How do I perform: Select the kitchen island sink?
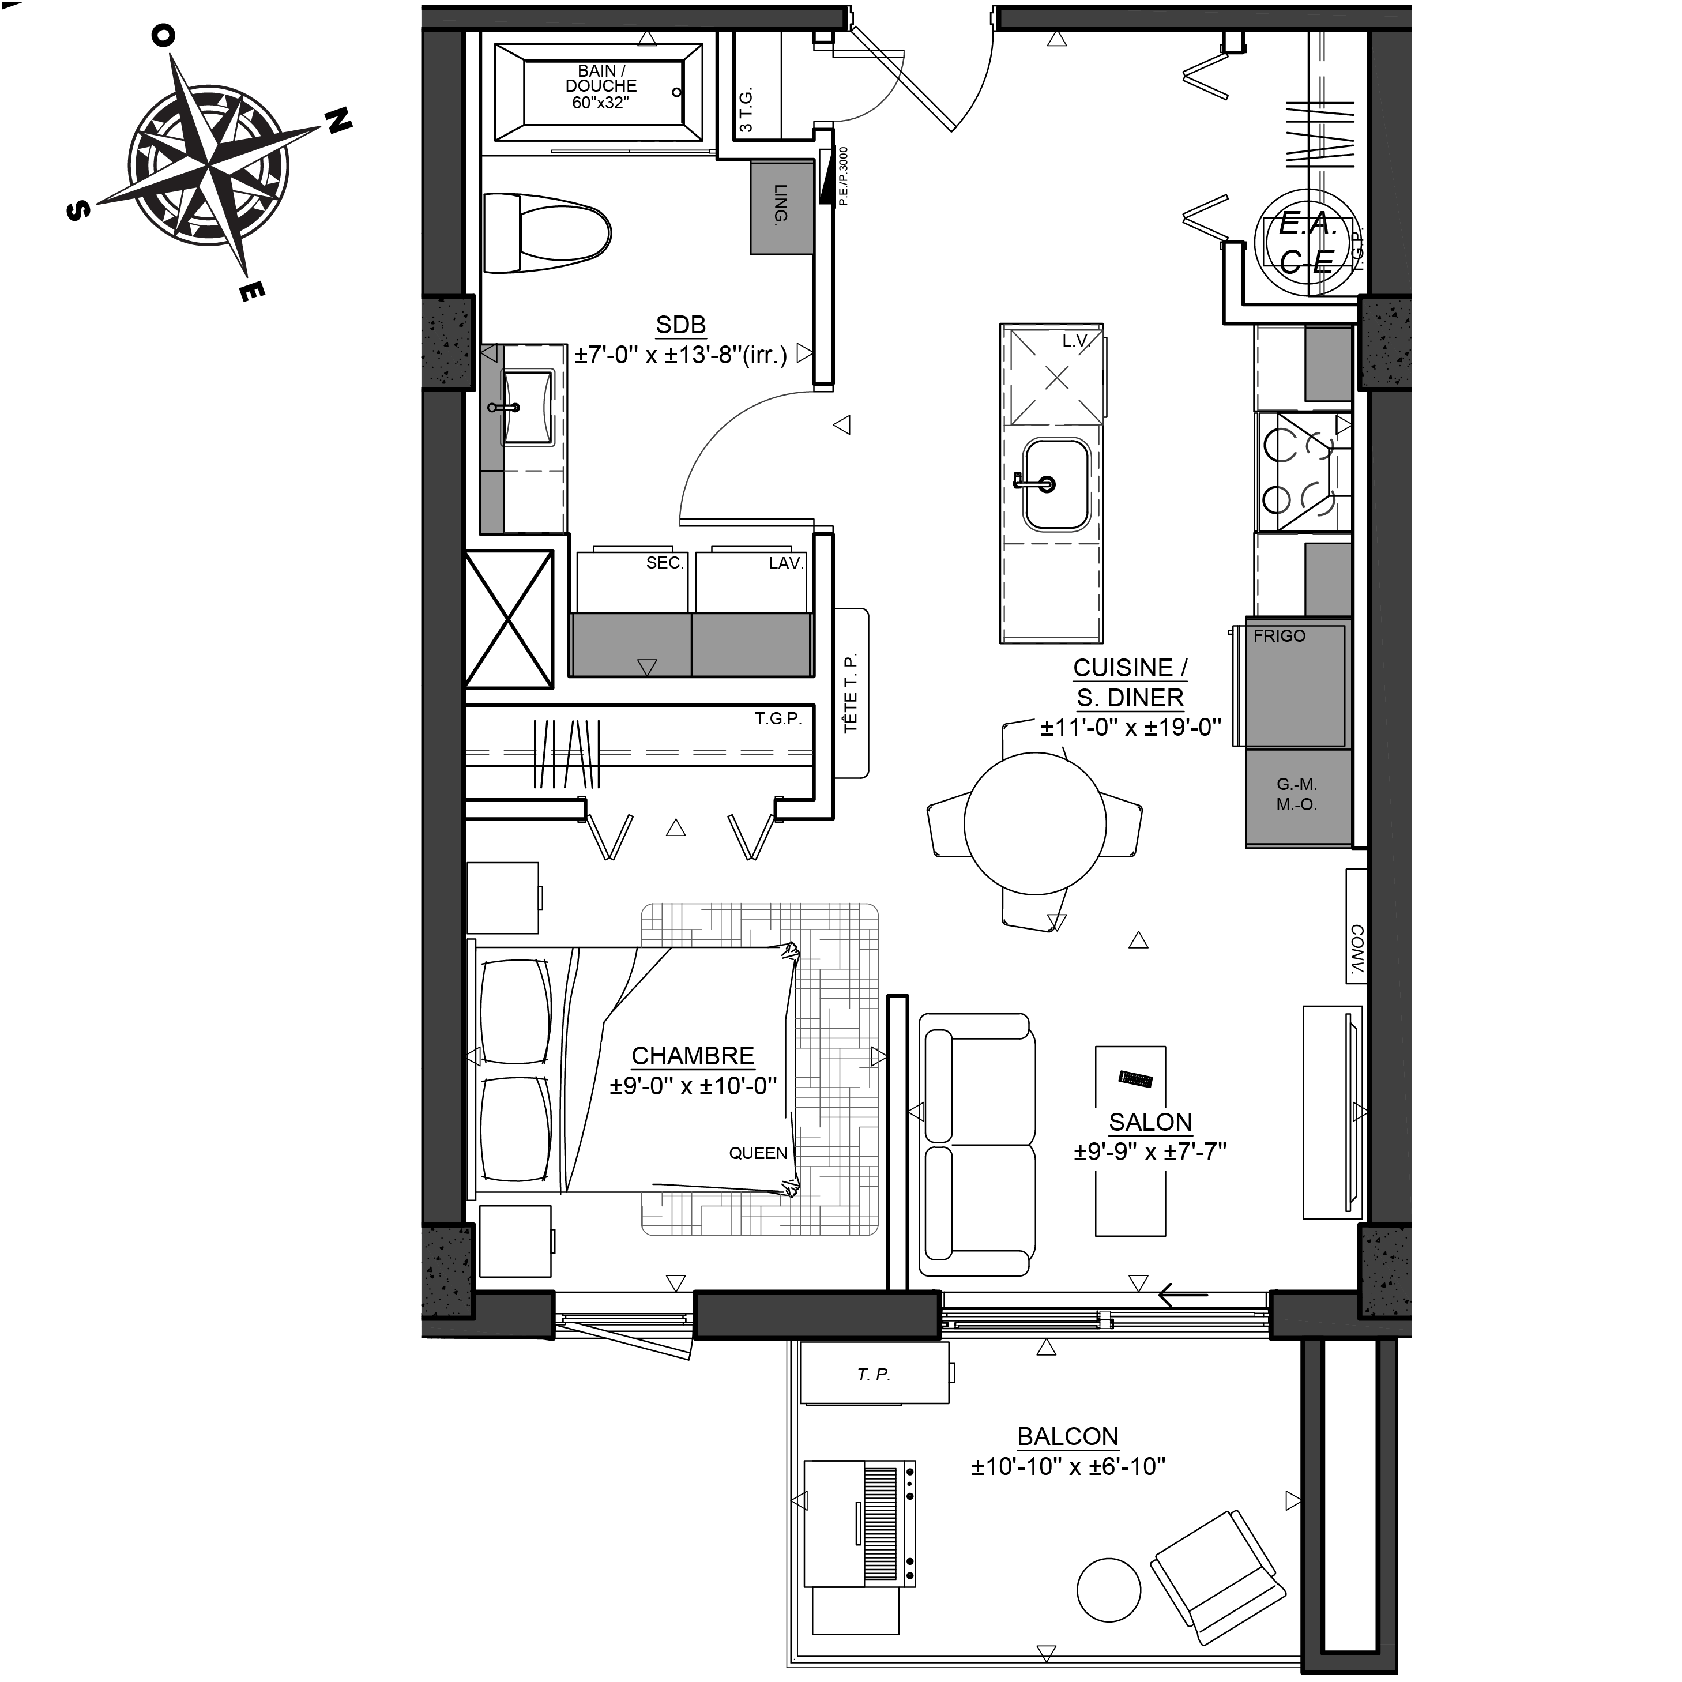click(1056, 484)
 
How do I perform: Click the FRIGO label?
click(1279, 637)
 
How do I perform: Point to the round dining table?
click(1035, 823)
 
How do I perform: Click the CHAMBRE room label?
click(693, 1056)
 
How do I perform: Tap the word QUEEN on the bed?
click(758, 1154)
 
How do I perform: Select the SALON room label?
click(1150, 1122)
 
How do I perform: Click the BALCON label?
click(1067, 1436)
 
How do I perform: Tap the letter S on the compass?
click(78, 210)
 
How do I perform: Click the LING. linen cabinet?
click(782, 207)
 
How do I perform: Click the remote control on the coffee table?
click(1135, 1079)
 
